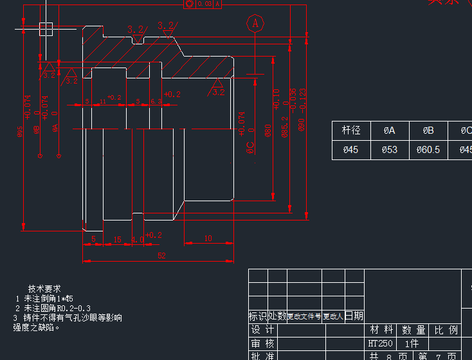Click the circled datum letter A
[x=255, y=23]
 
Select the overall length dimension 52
[x=161, y=255]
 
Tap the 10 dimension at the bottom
[x=208, y=239]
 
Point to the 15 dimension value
[x=117, y=239]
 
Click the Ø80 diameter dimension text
[x=268, y=131]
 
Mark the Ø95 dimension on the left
[x=20, y=132]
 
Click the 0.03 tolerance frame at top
[x=204, y=4]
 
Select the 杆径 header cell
[x=351, y=130]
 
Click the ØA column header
[x=390, y=130]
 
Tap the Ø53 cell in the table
[x=390, y=150]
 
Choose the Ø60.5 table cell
[x=428, y=150]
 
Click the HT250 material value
[x=381, y=344]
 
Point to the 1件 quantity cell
[x=412, y=344]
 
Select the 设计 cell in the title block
[x=262, y=330]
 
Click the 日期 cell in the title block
[x=354, y=316]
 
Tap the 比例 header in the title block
[x=446, y=330]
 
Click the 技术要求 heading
[x=44, y=289]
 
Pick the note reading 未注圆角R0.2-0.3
[x=57, y=309]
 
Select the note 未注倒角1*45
[x=48, y=299]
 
